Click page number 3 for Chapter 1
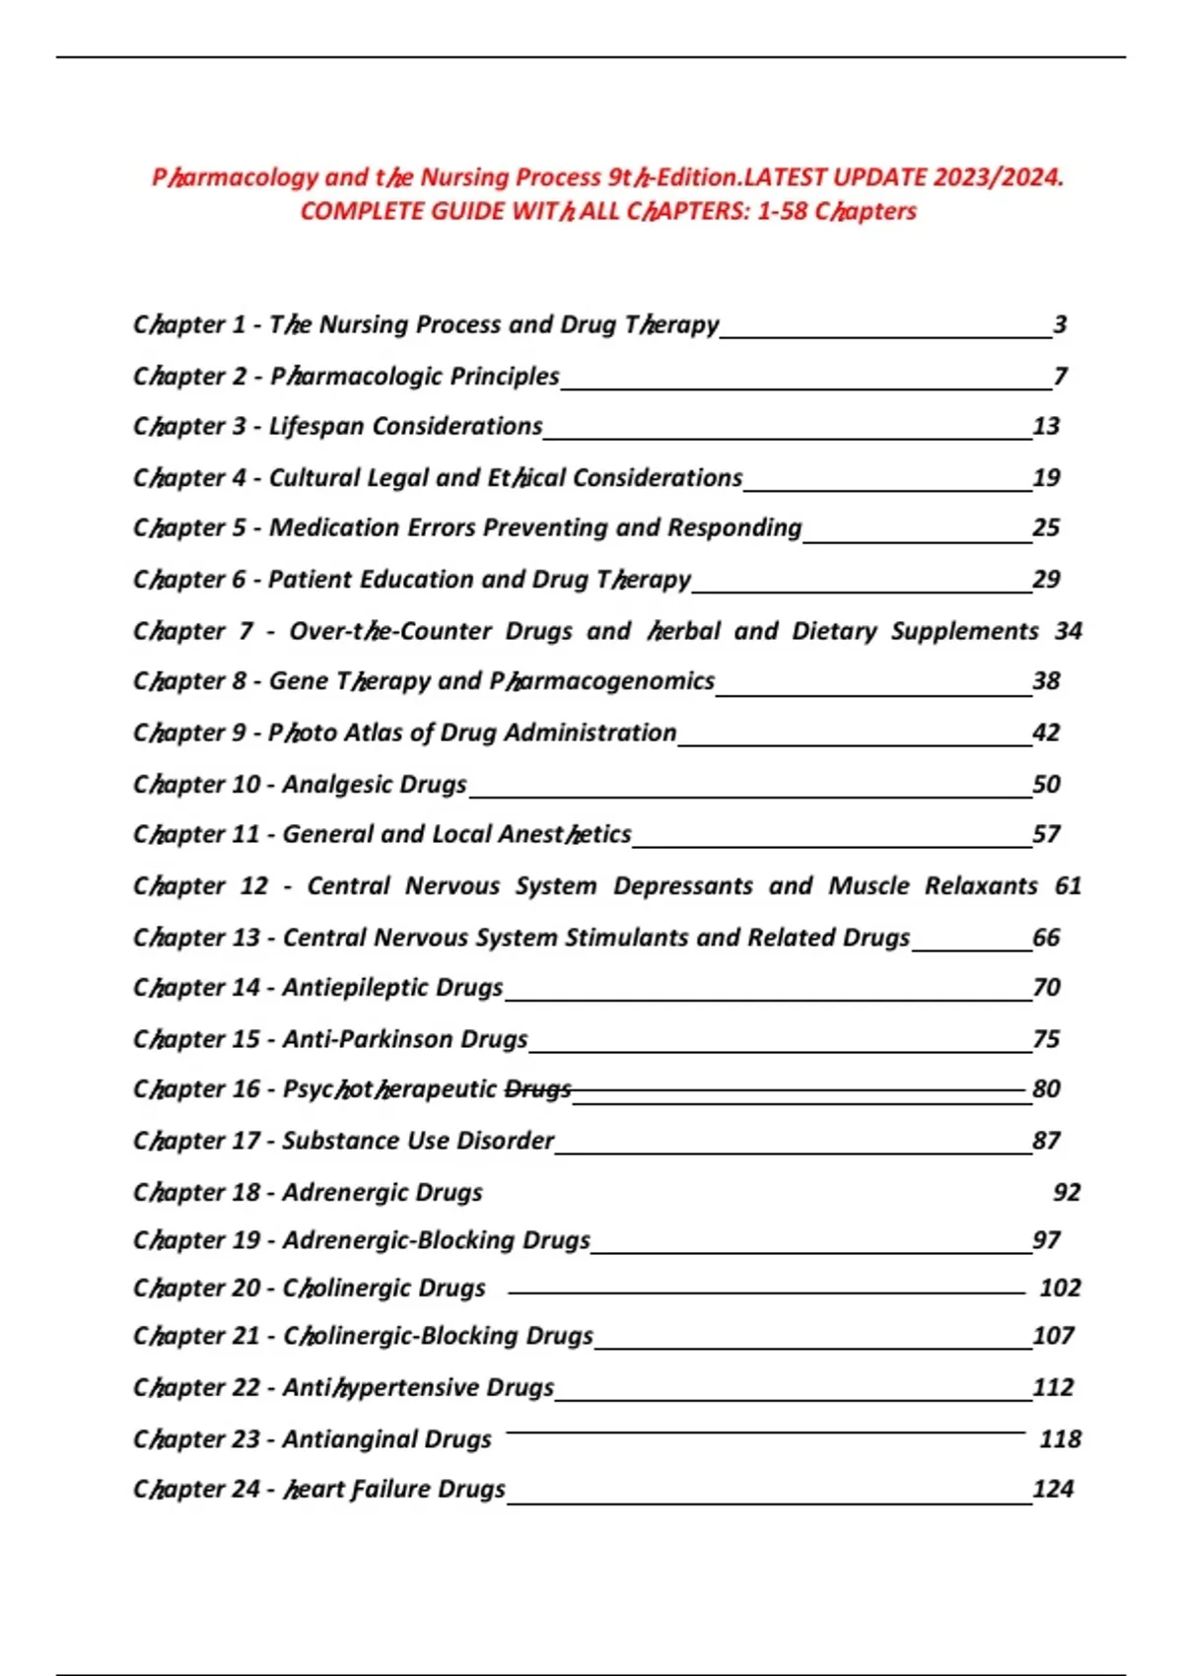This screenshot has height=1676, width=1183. click(x=1060, y=324)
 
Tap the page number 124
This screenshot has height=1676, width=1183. click(x=1053, y=1489)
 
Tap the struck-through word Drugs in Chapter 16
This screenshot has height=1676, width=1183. click(x=538, y=1088)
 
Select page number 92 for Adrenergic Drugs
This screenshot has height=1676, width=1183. click(x=1067, y=1192)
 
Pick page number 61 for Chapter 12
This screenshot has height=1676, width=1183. click(x=1068, y=885)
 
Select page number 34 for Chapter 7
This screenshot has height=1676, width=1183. click(x=1068, y=631)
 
